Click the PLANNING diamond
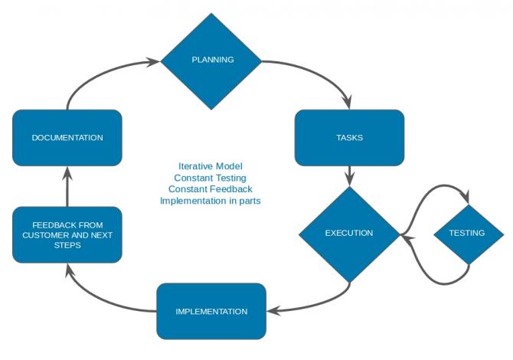click(x=211, y=61)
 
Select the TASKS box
click(x=349, y=138)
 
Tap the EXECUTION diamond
click(x=349, y=234)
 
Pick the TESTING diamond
click(x=469, y=234)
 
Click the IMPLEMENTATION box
click(x=211, y=311)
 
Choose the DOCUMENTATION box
click(x=67, y=138)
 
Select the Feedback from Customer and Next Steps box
click(x=67, y=234)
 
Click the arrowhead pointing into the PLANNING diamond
click(x=153, y=61)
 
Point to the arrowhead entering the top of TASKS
click(x=348, y=102)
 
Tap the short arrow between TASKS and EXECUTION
click(x=349, y=176)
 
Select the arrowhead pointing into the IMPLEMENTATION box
click(x=274, y=310)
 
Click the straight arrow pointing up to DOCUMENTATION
click(x=67, y=187)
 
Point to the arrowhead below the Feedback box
click(x=68, y=270)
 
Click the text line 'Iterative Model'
click(x=211, y=166)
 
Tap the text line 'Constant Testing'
click(x=210, y=178)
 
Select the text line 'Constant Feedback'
click(x=211, y=189)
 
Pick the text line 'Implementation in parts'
click(x=211, y=201)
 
